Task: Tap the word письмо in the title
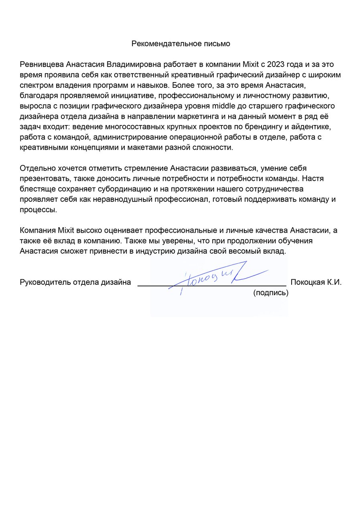tap(217, 44)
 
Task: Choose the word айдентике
tap(311, 127)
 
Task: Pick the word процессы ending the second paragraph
tap(39, 210)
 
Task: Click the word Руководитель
tap(45, 282)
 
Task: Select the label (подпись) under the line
tap(271, 293)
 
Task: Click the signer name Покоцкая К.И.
tap(316, 282)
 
